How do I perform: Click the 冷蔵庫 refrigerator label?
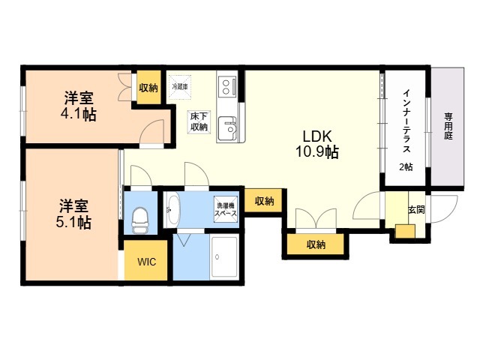coord(180,87)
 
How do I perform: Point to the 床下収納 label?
coord(198,121)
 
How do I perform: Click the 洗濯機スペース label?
coord(226,208)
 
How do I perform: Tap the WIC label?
coord(145,262)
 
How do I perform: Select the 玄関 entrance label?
coord(416,209)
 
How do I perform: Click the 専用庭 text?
coord(448,127)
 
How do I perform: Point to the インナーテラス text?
coord(406,120)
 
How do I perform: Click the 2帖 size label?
coord(406,166)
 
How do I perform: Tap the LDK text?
coord(316,136)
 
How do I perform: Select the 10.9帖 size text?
coord(316,152)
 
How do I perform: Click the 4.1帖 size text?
coord(78,115)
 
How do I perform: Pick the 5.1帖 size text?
coord(75,222)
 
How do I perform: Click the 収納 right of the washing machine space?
coord(264,201)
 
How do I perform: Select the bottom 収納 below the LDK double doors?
coord(316,244)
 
